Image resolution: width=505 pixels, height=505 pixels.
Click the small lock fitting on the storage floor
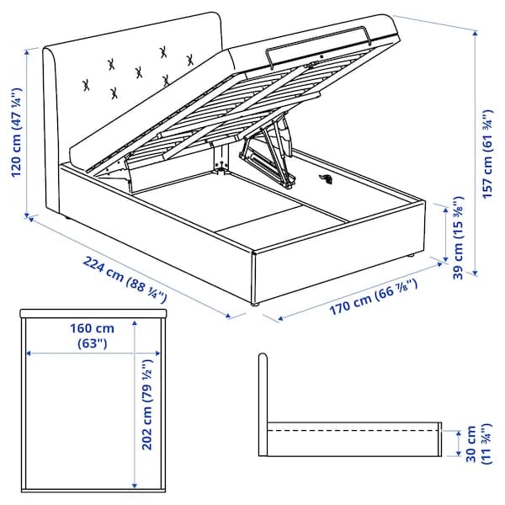[x=327, y=178]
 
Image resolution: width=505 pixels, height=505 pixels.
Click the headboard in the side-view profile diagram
[x=263, y=396]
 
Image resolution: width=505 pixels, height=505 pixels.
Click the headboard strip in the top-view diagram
[x=94, y=315]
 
